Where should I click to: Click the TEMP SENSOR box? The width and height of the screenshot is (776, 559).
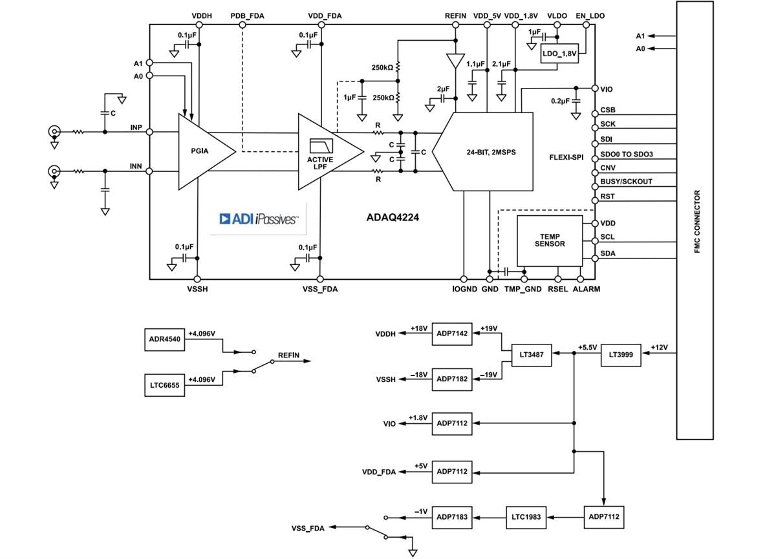(549, 240)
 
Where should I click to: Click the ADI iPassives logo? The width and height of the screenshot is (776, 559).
(259, 219)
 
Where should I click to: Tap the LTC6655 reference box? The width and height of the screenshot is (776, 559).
(164, 385)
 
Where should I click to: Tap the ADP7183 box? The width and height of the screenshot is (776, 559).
(452, 517)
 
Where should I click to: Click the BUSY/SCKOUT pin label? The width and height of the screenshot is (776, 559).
(626, 182)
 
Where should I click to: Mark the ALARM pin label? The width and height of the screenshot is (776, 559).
(586, 289)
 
